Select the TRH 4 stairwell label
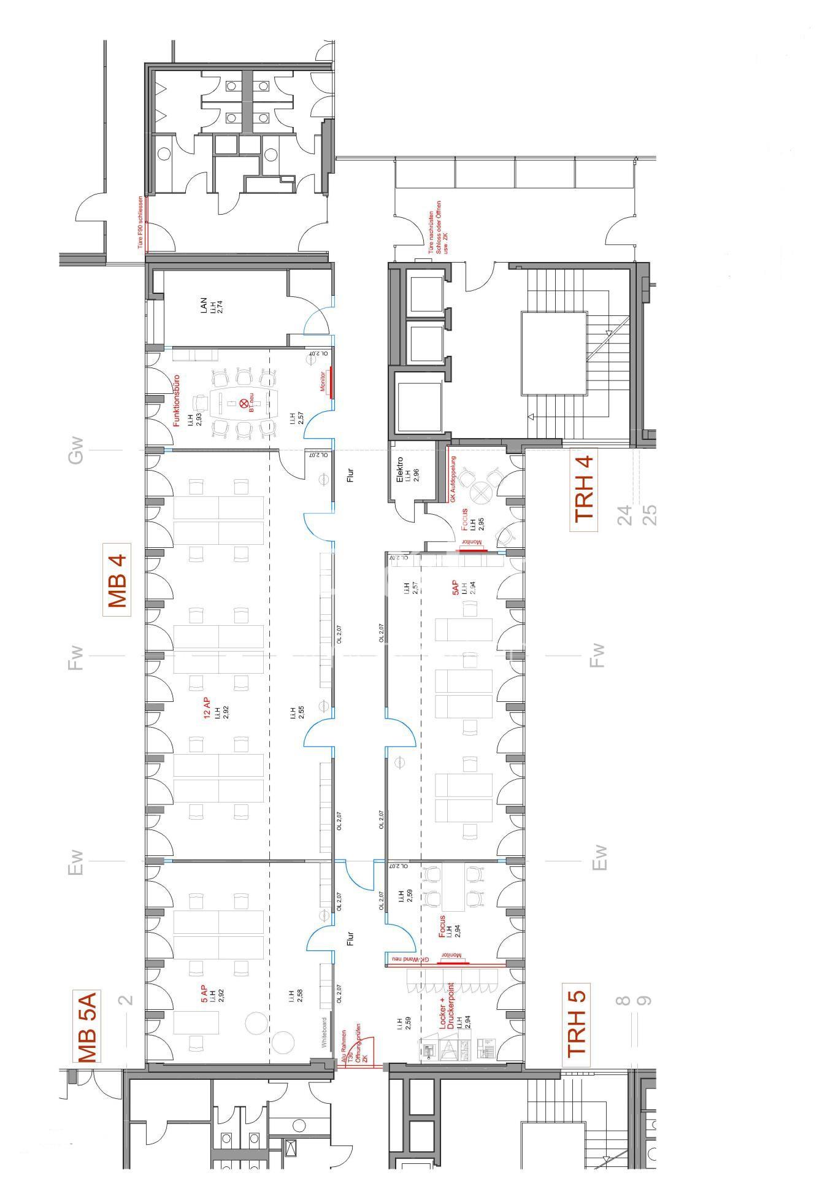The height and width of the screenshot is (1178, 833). point(584,488)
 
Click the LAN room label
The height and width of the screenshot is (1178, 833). point(204,306)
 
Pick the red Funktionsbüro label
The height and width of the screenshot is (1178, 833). point(176,400)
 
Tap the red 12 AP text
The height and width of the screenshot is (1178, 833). point(207,707)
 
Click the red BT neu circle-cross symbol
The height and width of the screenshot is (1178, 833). point(244,403)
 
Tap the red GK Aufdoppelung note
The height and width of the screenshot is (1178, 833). point(453,479)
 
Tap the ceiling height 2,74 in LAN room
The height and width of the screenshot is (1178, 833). point(220,307)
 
